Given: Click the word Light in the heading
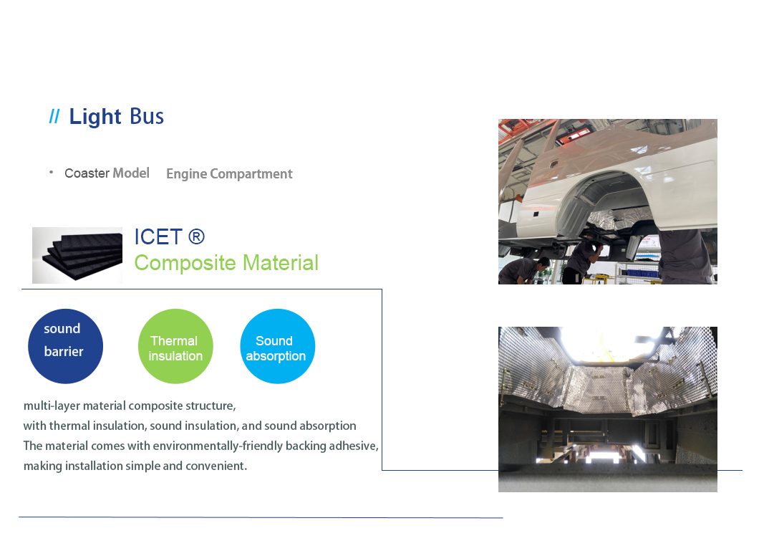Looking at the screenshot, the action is (95, 117).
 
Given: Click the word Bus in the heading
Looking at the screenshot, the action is (147, 117).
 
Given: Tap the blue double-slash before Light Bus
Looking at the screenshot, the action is (54, 117).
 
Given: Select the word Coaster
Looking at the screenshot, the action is (87, 173).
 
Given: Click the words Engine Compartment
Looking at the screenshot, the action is (229, 174).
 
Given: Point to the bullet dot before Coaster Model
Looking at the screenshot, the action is (51, 172).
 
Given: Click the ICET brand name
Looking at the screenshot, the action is (158, 237).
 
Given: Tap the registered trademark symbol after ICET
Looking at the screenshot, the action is (196, 237).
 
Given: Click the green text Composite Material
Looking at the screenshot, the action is (226, 263).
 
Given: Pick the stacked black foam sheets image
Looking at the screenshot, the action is (77, 255).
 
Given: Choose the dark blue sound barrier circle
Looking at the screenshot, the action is (65, 346).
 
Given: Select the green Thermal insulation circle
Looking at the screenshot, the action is (175, 346).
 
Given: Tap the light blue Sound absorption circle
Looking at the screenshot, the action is (278, 346).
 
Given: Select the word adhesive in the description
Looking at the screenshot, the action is (353, 446).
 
